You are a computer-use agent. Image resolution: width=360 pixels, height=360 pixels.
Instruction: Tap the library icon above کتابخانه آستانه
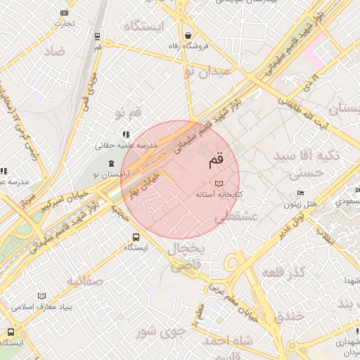217,183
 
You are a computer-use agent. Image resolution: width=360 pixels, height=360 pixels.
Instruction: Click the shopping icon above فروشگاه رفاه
188,35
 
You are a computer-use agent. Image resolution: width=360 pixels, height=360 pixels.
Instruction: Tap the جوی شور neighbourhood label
161,330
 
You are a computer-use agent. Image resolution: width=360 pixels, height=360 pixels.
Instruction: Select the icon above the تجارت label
65,13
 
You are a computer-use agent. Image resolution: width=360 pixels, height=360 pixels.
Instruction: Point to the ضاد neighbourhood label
53,51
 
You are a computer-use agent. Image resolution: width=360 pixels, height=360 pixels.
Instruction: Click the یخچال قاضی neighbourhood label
186,258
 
